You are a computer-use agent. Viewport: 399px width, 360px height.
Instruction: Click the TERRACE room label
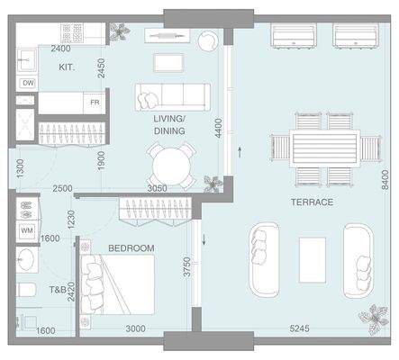click(x=312, y=202)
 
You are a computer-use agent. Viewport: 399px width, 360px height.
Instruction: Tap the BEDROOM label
click(x=131, y=248)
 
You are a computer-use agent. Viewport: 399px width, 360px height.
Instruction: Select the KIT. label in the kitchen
click(x=67, y=67)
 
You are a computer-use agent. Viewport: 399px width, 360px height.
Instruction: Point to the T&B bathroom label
click(x=58, y=290)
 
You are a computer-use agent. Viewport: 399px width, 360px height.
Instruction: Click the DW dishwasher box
click(x=28, y=83)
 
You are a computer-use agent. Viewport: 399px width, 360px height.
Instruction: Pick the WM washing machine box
click(x=27, y=231)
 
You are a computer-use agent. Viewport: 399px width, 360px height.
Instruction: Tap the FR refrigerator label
click(x=95, y=103)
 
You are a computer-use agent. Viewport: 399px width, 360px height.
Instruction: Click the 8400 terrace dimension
click(x=385, y=179)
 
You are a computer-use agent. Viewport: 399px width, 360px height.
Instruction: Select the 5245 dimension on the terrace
click(x=299, y=328)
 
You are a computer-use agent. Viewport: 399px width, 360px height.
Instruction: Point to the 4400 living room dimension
click(x=219, y=128)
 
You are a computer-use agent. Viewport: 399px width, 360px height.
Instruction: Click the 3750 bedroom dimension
click(x=187, y=266)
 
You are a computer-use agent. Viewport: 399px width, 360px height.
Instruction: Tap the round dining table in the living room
click(x=171, y=166)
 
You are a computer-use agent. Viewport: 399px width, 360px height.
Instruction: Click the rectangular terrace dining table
click(x=324, y=148)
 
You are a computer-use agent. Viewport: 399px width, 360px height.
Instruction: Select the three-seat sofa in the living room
click(x=173, y=97)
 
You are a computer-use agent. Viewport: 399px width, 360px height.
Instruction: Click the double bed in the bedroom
click(x=117, y=284)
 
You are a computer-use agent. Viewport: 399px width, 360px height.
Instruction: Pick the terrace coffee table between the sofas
click(x=313, y=260)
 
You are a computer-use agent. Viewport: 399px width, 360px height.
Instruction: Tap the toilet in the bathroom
click(x=27, y=290)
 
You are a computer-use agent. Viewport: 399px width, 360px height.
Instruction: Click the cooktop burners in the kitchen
click(x=71, y=33)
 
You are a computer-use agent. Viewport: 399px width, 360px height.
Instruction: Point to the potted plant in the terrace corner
click(x=375, y=319)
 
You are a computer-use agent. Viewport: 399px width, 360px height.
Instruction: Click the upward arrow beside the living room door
click(x=240, y=152)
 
